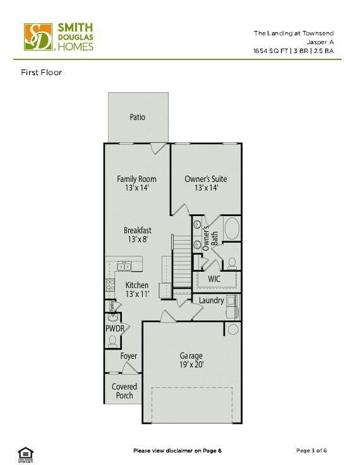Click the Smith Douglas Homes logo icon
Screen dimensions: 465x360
38,37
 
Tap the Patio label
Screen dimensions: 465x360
138,117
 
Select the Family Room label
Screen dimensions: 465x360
136,179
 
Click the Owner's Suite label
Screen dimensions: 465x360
205,179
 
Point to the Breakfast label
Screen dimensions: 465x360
137,231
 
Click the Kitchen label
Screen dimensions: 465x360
136,286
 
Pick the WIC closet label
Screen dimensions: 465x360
215,279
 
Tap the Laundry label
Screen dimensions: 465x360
211,300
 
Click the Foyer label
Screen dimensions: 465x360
129,356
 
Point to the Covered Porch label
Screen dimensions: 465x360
124,391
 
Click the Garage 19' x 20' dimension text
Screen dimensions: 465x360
190,365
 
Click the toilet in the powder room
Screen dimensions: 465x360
113,341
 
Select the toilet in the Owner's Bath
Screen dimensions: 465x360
232,262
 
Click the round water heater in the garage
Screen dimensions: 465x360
232,329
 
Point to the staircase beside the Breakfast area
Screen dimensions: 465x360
181,259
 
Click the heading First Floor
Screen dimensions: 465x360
41,72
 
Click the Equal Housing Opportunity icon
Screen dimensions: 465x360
25,452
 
